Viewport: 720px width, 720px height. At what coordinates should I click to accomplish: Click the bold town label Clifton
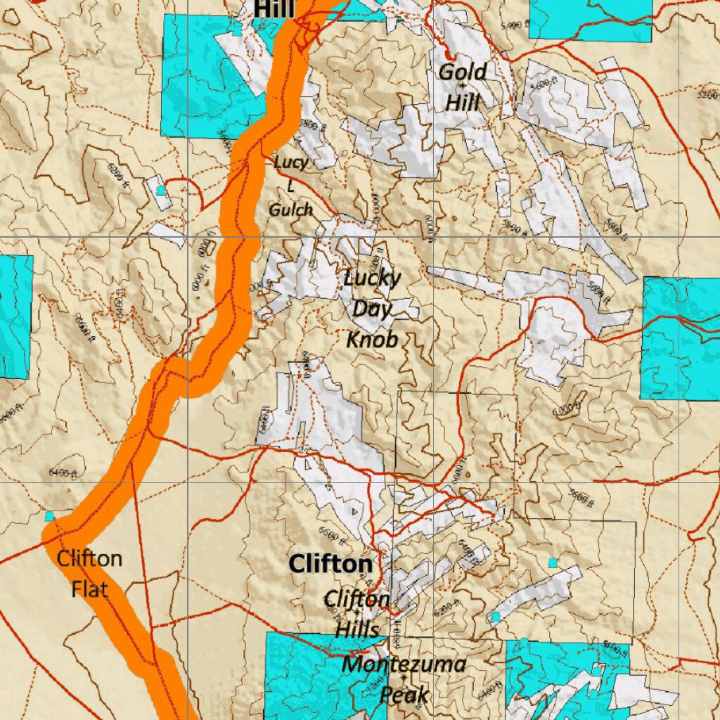coord(330,564)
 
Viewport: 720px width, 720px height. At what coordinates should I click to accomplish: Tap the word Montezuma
coord(404,664)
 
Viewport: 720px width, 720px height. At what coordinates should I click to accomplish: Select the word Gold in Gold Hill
coord(463,72)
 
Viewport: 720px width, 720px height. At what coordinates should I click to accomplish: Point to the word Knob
coord(372,340)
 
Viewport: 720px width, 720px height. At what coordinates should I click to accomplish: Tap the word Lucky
coord(372,278)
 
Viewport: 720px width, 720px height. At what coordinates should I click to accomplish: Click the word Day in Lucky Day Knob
coord(372,309)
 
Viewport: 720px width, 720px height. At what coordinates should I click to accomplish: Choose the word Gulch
coord(290,210)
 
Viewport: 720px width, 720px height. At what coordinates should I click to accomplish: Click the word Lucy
coord(291,162)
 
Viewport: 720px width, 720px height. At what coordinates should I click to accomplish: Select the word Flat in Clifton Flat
coord(89,588)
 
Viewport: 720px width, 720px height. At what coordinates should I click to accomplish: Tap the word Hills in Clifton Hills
coord(356,629)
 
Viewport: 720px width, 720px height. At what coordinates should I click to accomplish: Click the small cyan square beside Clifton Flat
coord(49,516)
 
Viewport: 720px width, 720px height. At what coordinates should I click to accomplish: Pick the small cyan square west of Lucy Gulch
coord(160,190)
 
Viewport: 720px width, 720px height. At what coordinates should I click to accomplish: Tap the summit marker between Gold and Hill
coord(461,86)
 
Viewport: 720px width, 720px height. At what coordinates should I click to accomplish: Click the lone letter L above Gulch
coord(290,186)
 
